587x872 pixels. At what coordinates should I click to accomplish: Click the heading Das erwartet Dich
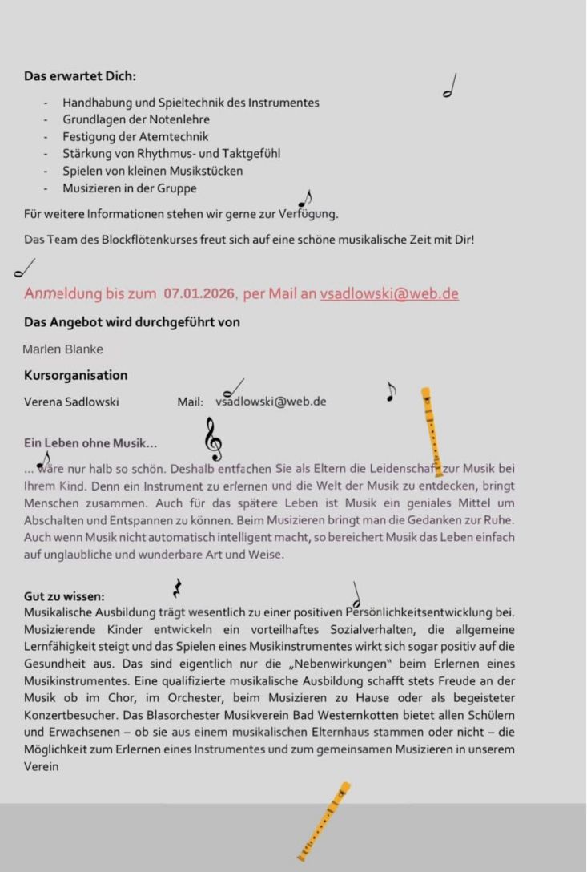pos(80,76)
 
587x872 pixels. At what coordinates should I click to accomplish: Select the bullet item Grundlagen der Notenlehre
pos(136,119)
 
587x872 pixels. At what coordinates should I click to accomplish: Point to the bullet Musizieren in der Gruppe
pos(130,188)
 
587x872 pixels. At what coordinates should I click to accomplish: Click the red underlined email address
pos(389,293)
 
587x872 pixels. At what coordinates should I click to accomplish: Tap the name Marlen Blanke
pos(62,349)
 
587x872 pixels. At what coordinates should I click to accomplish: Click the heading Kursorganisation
pos(75,375)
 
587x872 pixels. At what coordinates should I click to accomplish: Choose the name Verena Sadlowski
pos(71,402)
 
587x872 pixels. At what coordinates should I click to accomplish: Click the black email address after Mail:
pos(271,402)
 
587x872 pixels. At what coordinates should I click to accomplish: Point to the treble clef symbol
pos(214,439)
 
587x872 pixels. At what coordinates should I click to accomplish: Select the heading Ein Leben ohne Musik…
pos(90,443)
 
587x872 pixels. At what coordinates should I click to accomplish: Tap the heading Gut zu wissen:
pos(64,596)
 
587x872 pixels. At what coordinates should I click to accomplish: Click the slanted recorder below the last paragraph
pos(324,821)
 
